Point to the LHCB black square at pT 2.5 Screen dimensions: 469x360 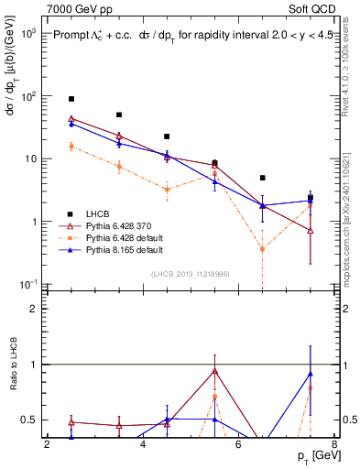click(x=71, y=99)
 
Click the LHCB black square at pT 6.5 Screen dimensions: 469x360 click(x=263, y=178)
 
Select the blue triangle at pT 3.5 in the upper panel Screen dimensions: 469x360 click(x=119, y=144)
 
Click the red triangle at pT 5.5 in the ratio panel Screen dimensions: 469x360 click(x=214, y=371)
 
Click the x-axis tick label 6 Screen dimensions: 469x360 click(x=238, y=446)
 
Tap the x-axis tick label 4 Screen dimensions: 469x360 click(x=143, y=446)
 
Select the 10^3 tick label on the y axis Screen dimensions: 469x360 click(x=27, y=33)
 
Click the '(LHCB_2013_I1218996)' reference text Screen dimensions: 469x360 click(x=190, y=274)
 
